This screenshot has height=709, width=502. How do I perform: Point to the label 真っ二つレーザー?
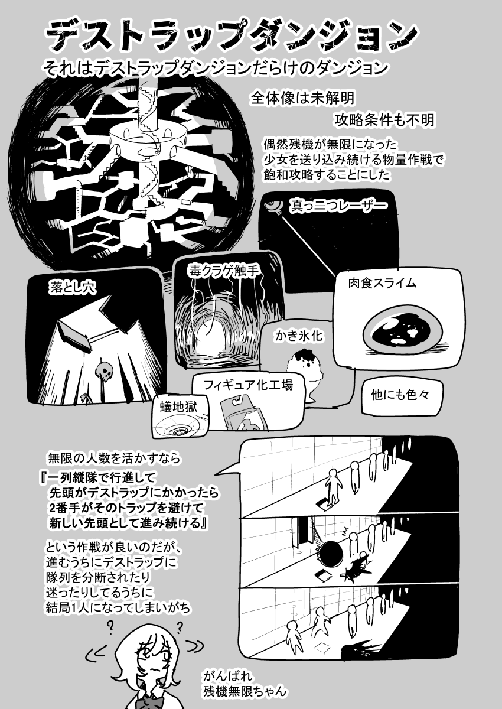click(x=339, y=206)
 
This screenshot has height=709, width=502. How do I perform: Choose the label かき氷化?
click(x=299, y=335)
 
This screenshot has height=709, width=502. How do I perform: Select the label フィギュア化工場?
click(x=248, y=384)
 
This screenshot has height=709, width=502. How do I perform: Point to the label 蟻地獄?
click(x=178, y=406)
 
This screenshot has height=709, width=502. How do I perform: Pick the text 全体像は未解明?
click(x=303, y=98)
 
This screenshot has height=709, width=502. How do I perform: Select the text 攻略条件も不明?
click(x=384, y=120)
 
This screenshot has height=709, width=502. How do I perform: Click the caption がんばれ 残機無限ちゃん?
click(x=244, y=683)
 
